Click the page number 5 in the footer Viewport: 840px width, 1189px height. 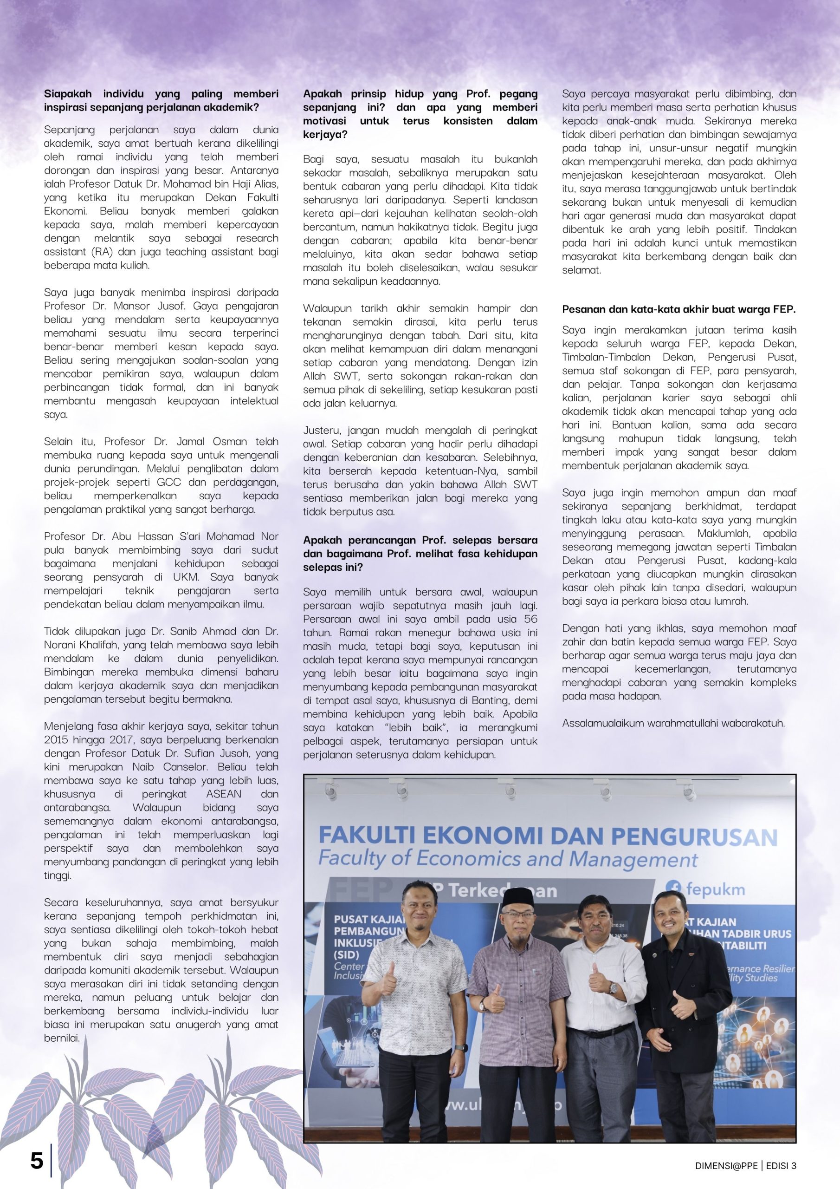click(x=36, y=1161)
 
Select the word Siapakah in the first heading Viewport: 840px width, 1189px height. click(x=67, y=94)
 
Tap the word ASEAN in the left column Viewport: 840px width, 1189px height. click(x=224, y=794)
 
